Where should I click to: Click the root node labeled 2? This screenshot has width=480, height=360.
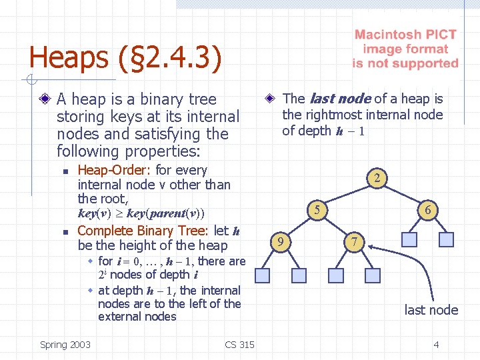377,178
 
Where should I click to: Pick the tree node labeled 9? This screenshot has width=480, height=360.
283,240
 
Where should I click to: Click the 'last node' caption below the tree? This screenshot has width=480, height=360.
431,310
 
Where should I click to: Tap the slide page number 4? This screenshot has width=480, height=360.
436,345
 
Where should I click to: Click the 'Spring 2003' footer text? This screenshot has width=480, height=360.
65,345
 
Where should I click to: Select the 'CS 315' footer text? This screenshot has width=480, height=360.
239,345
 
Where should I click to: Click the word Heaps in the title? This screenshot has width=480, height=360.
64,57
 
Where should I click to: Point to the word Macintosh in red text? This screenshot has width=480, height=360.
388,35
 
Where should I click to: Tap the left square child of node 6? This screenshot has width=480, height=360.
409,239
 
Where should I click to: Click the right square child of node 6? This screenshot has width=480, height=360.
447,239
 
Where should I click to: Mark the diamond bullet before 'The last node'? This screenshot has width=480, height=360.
271,99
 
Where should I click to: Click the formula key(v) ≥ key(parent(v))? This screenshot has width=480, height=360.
141,214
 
